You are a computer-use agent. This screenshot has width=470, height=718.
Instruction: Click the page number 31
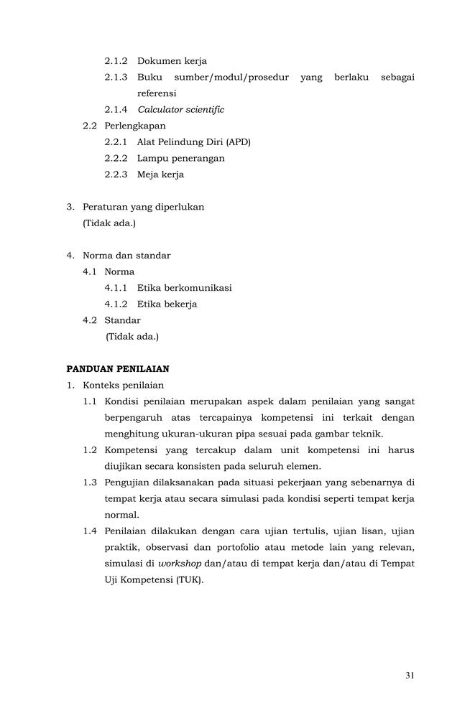(x=410, y=675)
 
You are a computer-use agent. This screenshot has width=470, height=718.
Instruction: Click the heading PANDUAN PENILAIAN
(x=118, y=368)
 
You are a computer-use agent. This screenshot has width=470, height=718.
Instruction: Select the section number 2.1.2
(x=116, y=61)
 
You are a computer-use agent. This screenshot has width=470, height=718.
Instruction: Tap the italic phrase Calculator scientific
(x=180, y=110)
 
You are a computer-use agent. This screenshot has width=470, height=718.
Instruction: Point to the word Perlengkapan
(x=134, y=126)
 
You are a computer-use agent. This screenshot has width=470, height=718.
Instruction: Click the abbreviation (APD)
(x=238, y=142)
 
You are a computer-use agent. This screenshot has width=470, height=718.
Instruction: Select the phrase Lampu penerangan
(x=180, y=158)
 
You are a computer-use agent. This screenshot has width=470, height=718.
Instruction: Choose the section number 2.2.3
(x=116, y=174)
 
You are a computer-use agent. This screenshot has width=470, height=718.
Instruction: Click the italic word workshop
(x=180, y=564)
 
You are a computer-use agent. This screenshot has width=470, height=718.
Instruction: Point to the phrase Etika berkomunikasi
(x=184, y=288)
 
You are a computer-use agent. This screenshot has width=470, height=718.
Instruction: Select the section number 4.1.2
(x=116, y=304)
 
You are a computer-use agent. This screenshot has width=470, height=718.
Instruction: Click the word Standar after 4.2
(x=122, y=320)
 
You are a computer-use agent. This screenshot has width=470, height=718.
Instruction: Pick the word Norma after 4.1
(x=119, y=271)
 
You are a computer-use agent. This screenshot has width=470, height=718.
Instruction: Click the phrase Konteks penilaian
(x=124, y=385)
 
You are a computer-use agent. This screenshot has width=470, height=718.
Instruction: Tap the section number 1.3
(x=90, y=482)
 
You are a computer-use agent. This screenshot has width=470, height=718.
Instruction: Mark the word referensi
(x=157, y=93)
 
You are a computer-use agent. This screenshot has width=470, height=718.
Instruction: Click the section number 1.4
(x=90, y=531)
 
